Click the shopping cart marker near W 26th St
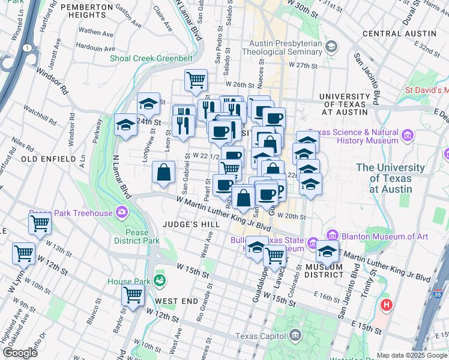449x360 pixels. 196,80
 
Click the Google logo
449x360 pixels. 20,353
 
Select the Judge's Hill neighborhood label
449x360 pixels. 185,224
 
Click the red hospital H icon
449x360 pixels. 387,305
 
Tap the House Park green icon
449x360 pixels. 159,280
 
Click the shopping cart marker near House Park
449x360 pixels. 132,295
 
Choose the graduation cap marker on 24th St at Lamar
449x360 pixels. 125,125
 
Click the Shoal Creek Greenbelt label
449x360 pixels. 151,59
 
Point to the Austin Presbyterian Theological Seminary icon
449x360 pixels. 331,47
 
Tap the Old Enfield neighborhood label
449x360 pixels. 48,159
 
